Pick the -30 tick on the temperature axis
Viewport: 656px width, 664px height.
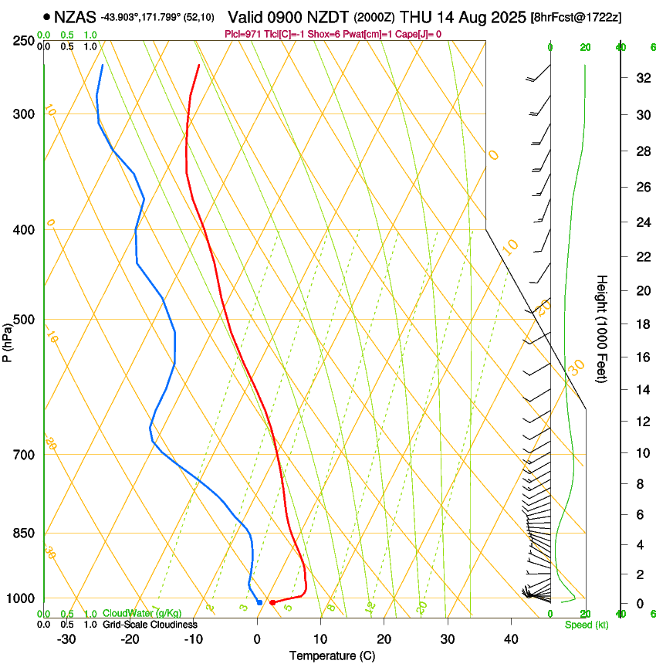pos(66,639)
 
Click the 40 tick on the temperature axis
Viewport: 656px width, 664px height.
pos(510,639)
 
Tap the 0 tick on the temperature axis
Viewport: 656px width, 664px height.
pos(257,639)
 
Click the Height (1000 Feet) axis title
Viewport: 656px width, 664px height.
pos(602,329)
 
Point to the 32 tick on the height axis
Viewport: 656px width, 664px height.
pos(642,78)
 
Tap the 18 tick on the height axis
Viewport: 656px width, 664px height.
pos(642,324)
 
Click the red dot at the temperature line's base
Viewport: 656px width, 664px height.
pos(272,602)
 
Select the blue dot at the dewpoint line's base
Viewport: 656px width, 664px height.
pos(259,602)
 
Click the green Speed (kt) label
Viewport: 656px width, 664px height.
pos(586,625)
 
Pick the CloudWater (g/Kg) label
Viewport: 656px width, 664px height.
pos(131,614)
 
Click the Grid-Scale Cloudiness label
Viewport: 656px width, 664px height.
pos(149,625)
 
